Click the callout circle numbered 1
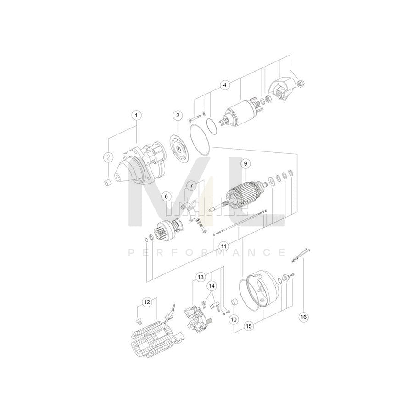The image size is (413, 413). click(x=136, y=115)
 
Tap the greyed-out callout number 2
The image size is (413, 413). click(x=108, y=157)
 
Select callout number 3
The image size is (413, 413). click(x=179, y=115)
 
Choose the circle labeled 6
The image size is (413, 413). click(x=166, y=196)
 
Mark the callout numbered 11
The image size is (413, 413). click(x=223, y=246)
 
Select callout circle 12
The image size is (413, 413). click(x=146, y=302)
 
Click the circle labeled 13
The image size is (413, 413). click(x=201, y=277)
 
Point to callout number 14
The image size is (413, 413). click(x=211, y=286)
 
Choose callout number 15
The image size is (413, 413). click(x=249, y=326)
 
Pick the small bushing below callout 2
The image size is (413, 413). click(x=108, y=183)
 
